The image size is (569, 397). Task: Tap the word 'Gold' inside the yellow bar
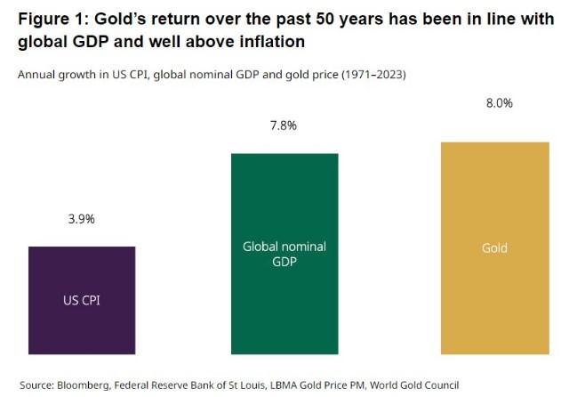(494, 248)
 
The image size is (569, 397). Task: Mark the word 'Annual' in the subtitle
(36, 75)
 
